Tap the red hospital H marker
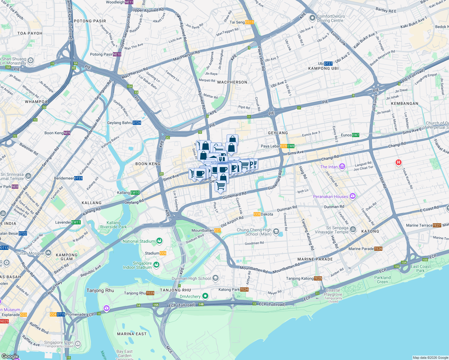tap(398, 163)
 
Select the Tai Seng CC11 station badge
tap(249, 22)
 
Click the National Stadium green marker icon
tap(159, 241)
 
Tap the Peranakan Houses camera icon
tap(353, 196)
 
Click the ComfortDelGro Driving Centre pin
tap(312, 18)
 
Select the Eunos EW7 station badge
tap(356, 135)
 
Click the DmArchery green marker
tap(205, 296)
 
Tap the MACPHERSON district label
tap(232, 82)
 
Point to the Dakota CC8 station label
tap(264, 214)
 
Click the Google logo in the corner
tap(10, 356)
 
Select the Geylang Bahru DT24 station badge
tap(137, 123)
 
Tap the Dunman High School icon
tap(215, 278)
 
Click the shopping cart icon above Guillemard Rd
tap(221, 186)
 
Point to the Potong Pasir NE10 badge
tap(117, 54)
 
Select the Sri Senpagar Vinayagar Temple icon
tap(353, 229)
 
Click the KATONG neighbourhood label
tap(370, 231)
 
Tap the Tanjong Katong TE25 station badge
tap(318, 278)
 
